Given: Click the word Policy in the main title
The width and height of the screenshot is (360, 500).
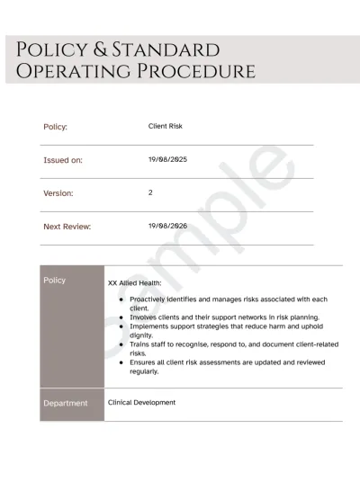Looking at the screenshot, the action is [53, 49].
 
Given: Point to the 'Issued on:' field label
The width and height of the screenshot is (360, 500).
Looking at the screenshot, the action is [63, 160].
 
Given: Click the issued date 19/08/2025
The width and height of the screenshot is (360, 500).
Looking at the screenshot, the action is [167, 159].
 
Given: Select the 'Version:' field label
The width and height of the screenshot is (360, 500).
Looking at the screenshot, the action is [58, 193].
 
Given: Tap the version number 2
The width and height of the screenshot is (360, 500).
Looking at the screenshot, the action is [150, 192].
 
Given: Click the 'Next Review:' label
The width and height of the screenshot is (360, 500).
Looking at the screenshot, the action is [67, 227].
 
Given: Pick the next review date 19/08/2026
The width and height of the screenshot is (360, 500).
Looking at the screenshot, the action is [167, 226].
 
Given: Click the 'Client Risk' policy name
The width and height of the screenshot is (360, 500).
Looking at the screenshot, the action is [166, 127].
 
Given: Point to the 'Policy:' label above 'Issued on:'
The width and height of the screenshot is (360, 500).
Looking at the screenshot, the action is [56, 127].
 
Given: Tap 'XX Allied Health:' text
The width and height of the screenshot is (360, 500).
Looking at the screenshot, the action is [135, 282].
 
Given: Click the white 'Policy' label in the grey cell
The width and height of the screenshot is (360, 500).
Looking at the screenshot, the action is [55, 280].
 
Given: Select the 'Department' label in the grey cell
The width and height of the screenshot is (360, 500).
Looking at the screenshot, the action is [66, 403].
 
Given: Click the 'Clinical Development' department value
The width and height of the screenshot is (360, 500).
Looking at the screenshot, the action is [141, 402].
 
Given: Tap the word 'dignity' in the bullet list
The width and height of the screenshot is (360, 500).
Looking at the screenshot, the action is [145, 335].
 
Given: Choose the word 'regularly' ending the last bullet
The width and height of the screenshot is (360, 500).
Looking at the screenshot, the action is [144, 371].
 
